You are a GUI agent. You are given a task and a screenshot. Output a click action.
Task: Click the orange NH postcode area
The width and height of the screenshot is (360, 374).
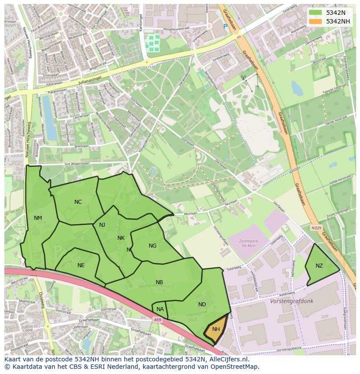(216, 330)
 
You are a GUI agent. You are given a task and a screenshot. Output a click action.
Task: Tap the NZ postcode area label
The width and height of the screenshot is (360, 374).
(319, 266)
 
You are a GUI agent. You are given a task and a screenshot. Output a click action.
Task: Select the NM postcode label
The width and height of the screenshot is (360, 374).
(38, 218)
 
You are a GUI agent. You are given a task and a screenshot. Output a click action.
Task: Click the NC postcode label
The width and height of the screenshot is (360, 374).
(78, 202)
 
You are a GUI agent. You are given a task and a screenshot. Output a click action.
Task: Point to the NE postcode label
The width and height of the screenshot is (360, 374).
(81, 265)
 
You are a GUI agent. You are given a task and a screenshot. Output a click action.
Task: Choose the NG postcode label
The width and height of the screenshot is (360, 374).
(153, 246)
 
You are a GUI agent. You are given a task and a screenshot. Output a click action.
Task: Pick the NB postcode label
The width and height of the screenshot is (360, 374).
(160, 282)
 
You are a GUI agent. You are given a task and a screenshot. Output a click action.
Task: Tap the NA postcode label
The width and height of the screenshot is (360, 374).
(160, 309)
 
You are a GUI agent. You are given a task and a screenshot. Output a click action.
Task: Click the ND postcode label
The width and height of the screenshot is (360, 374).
(202, 304)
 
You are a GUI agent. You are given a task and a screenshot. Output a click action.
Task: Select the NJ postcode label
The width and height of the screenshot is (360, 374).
(102, 225)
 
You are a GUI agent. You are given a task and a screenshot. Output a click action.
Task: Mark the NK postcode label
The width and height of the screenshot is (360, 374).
(121, 238)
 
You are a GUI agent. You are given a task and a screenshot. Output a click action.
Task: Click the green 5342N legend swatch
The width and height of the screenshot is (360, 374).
(316, 13)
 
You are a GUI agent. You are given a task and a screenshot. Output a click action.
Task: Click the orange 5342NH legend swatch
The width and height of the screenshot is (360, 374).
(316, 21)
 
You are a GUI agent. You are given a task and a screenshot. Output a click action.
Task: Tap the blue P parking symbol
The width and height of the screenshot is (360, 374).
(225, 26)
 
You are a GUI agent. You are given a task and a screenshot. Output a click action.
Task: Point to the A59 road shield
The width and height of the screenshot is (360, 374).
(157, 320)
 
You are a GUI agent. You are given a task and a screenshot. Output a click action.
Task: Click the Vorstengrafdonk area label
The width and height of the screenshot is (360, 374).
(291, 301)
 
